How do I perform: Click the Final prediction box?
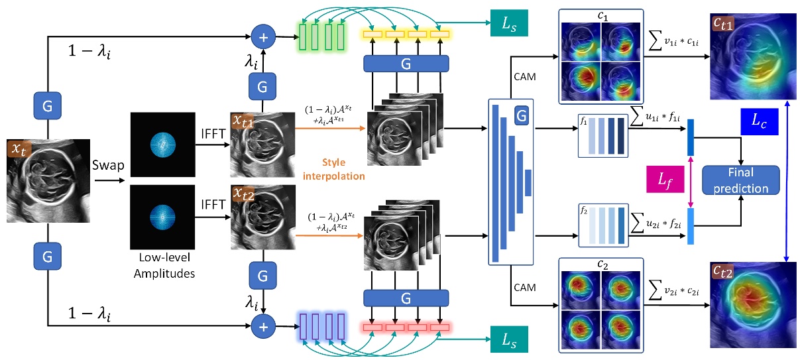740,180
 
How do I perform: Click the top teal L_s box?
508,24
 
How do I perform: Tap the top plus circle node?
264,37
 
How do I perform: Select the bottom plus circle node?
264,326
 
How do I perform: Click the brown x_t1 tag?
245,121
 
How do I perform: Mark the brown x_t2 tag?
245,192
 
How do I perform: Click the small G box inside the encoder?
522,117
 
